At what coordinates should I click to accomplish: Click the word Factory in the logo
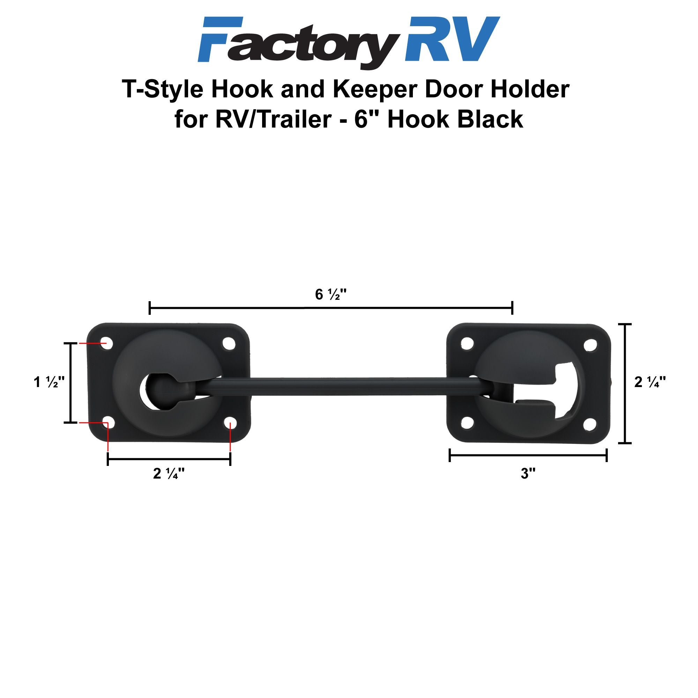(298, 43)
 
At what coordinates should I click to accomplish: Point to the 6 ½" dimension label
(331, 295)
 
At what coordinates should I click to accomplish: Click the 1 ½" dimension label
(49, 382)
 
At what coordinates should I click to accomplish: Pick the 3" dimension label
(528, 473)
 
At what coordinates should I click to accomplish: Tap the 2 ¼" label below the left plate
(169, 474)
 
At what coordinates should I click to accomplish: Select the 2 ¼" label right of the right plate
(649, 382)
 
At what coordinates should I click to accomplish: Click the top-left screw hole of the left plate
(106, 343)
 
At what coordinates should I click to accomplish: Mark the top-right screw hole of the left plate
(229, 343)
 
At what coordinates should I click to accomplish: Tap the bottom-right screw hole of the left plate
(230, 423)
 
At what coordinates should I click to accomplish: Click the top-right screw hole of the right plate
(590, 346)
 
